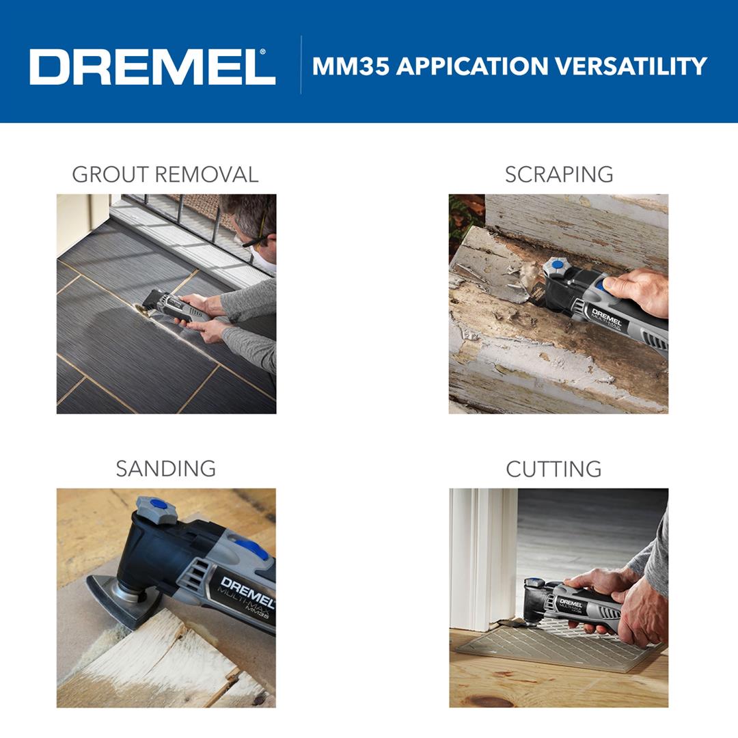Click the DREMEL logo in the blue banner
coord(152,67)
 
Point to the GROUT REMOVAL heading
coord(165,174)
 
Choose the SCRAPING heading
coord(559,174)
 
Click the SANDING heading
coord(165,469)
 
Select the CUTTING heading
coord(553,469)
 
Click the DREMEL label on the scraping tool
coord(606,317)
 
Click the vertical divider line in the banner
coord(301,65)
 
